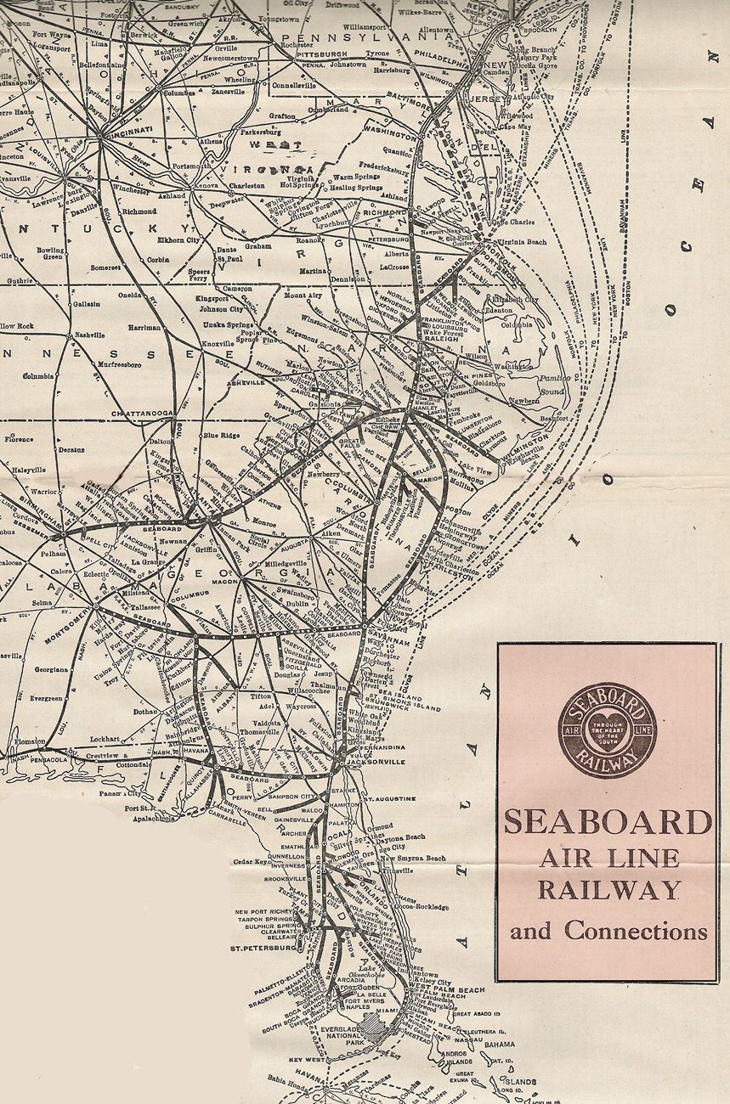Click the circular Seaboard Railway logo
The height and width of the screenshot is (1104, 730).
pos(607,730)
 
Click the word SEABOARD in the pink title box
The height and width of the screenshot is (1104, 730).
pos(608,822)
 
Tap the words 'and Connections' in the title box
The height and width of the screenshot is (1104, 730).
pos(608,931)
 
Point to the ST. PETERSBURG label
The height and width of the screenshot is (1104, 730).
pos(261,947)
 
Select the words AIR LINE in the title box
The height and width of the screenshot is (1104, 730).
pos(608,858)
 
